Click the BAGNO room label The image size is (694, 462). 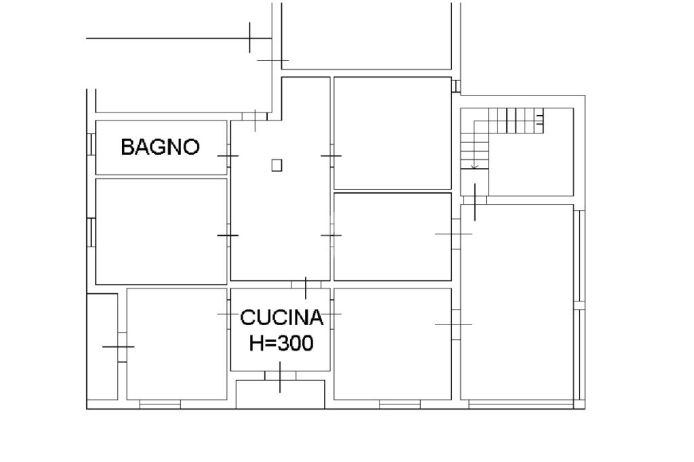pos(160,147)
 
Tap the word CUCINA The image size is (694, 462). pos(281,318)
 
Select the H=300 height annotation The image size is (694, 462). pos(281,343)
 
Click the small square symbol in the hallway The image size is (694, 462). pos(277,165)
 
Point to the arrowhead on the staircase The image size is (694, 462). pos(474,167)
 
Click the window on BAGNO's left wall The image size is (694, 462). pos(91,144)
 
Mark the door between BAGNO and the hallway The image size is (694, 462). pos(228,156)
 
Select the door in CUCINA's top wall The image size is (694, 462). pos(306,285)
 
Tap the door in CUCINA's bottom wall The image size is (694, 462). pos(280,376)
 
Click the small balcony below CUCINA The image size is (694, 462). pos(280,394)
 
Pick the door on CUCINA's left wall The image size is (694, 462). pos(228,314)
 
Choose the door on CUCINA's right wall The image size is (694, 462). pos(332,314)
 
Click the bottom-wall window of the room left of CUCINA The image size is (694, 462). pos(160,404)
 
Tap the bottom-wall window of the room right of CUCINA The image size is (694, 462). pos(400,404)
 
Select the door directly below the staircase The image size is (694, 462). pos(474,201)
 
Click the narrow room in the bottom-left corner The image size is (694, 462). pos(102,347)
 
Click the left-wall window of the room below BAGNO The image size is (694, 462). pos(91,232)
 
